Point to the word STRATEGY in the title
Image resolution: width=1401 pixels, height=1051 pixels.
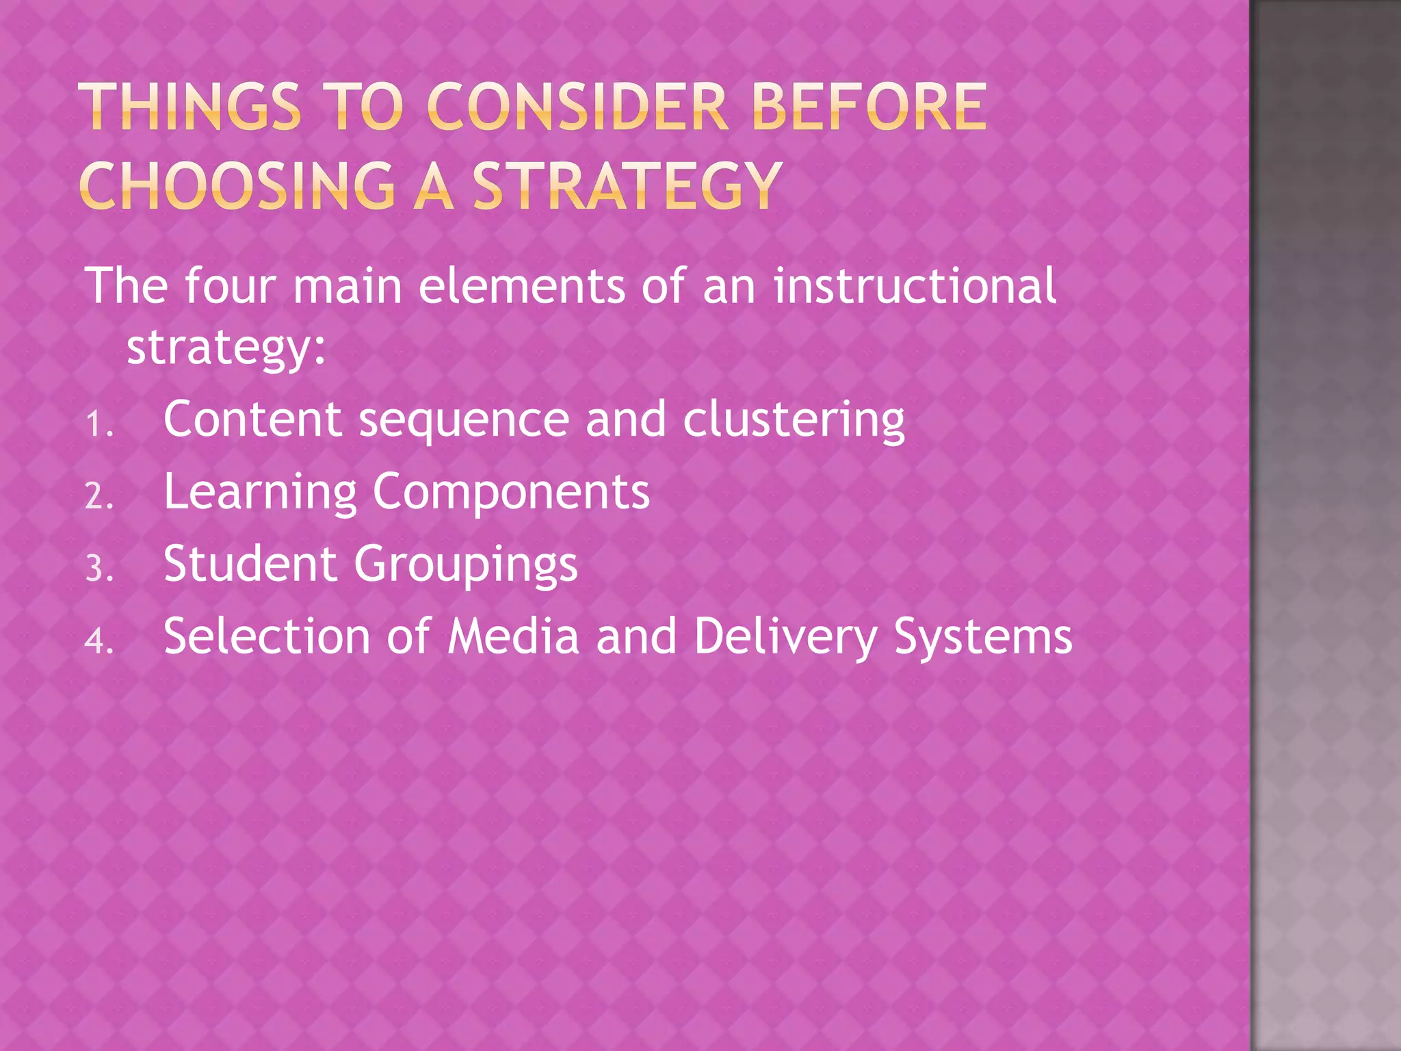click(x=627, y=185)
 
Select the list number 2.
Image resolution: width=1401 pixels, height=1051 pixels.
click(x=99, y=496)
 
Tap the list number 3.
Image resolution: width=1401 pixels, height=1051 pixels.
click(x=99, y=569)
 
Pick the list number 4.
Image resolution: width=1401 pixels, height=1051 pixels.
click(x=99, y=641)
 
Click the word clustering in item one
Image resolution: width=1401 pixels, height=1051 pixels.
click(x=794, y=419)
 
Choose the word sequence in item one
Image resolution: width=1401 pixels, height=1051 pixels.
click(x=464, y=421)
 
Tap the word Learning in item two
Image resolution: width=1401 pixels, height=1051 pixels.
click(x=260, y=493)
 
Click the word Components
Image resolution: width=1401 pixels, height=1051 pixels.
click(x=511, y=493)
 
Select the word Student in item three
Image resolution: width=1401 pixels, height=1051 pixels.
click(x=250, y=564)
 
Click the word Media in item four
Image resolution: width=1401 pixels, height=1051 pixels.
click(x=513, y=636)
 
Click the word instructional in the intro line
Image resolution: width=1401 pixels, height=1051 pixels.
click(x=915, y=285)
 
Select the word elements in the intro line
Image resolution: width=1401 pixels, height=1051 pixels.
click(x=521, y=285)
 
